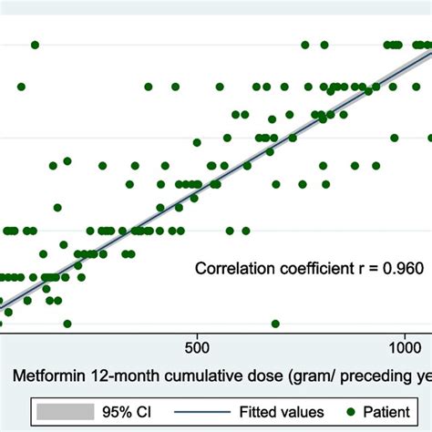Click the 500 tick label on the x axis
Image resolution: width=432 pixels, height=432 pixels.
198,347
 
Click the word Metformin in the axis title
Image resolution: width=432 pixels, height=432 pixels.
46,375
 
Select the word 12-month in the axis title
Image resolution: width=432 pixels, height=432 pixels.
116,375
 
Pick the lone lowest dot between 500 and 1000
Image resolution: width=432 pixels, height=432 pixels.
275,324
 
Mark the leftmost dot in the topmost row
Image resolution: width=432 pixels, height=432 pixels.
35,45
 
